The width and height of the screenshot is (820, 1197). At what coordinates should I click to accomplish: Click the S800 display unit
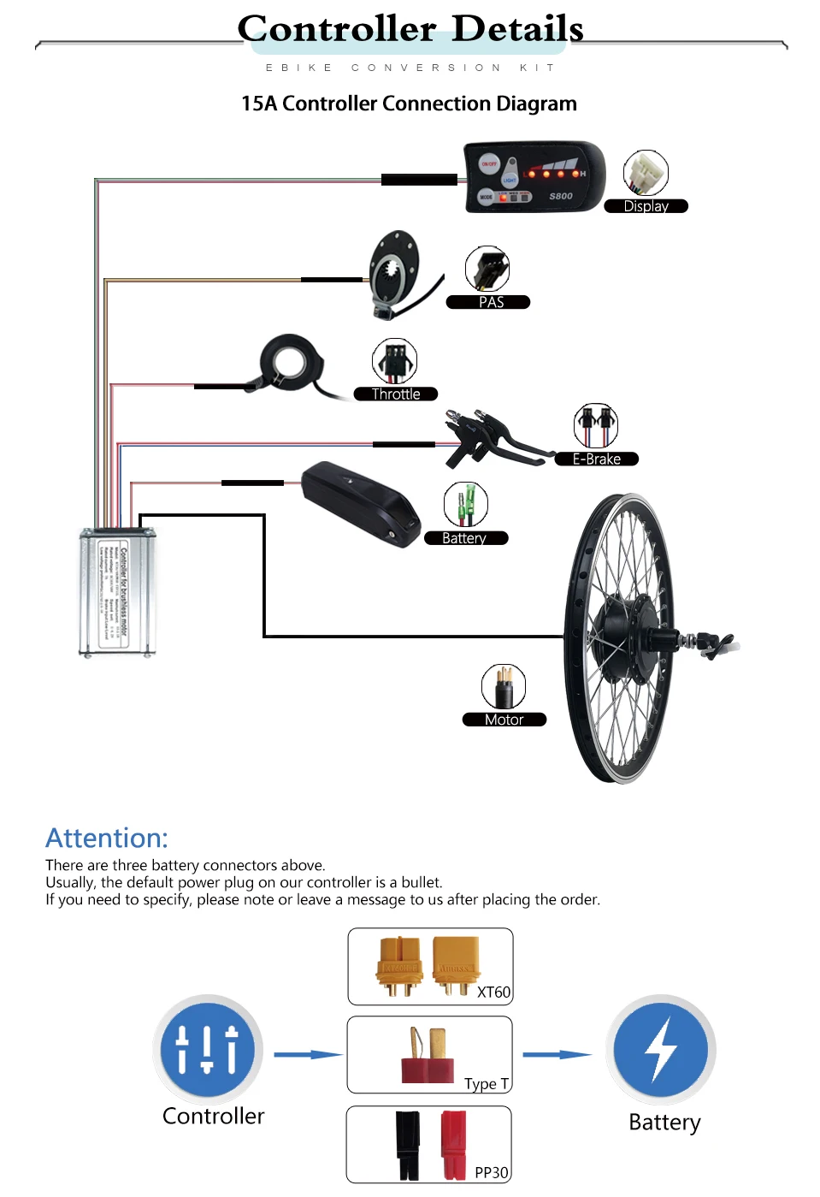click(x=534, y=177)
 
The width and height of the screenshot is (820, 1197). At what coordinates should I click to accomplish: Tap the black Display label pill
click(x=646, y=206)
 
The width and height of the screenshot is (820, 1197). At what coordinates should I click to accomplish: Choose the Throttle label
click(x=396, y=394)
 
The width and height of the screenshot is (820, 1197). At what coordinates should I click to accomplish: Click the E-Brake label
click(x=596, y=459)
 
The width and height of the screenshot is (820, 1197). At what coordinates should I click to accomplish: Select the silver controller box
click(x=118, y=591)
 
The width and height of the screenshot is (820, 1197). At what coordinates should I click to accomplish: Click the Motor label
click(x=504, y=720)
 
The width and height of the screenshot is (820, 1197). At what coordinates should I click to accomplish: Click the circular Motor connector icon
click(x=504, y=686)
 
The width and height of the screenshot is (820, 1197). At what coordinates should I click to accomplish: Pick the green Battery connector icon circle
click(x=466, y=504)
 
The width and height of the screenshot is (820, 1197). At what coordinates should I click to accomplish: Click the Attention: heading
click(x=107, y=838)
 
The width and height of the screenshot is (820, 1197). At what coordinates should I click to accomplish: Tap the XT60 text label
click(x=493, y=993)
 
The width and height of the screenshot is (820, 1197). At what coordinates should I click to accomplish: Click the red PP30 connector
click(x=454, y=1145)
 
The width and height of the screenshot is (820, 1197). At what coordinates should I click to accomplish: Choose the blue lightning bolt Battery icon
click(x=661, y=1049)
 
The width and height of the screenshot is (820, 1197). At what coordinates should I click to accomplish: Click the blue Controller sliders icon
click(x=208, y=1049)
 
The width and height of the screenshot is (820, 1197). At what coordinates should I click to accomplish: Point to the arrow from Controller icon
click(x=308, y=1054)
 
